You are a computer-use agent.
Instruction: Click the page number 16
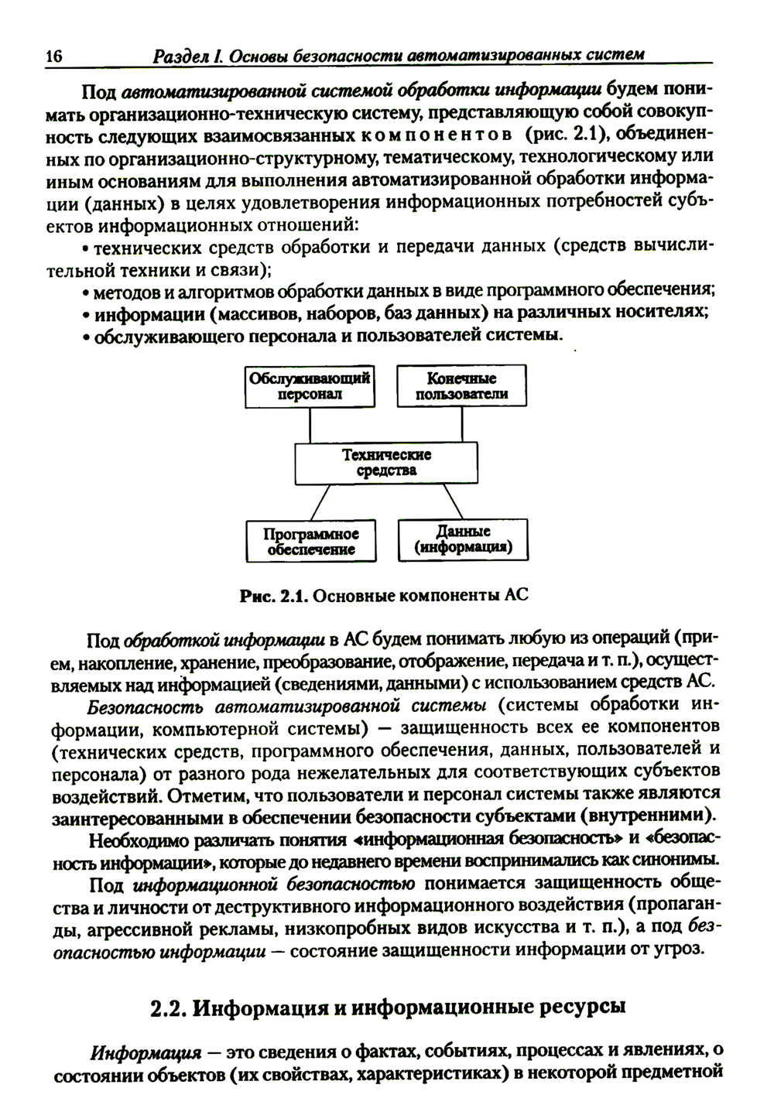tap(53, 56)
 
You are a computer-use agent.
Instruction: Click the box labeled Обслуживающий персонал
tap(310, 386)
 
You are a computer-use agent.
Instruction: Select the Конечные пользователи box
tap(461, 386)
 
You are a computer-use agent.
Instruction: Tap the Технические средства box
tap(386, 463)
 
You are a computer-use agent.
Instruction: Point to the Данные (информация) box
tap(462, 540)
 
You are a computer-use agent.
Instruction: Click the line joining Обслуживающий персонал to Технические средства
tap(310, 425)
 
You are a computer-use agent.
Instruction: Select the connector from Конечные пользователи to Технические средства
tap(462, 424)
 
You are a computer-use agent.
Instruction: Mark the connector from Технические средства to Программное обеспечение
tap(319, 501)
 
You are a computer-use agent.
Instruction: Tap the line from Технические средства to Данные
tap(453, 501)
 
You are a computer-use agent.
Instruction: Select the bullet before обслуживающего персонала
tap(86, 337)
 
